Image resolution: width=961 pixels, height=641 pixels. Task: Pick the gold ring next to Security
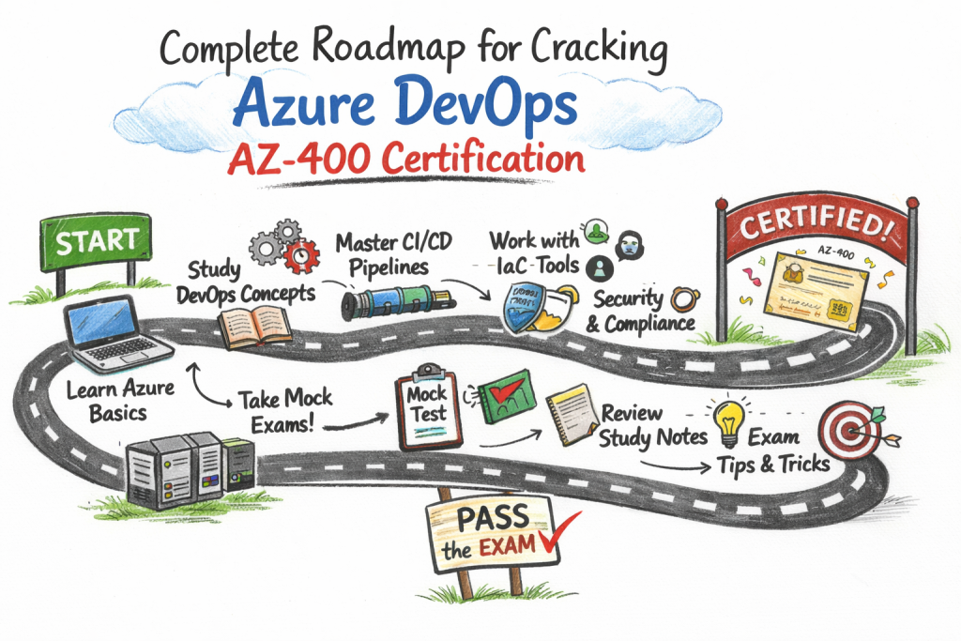point(682,300)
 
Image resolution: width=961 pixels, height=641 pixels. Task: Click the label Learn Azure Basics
point(119,399)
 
